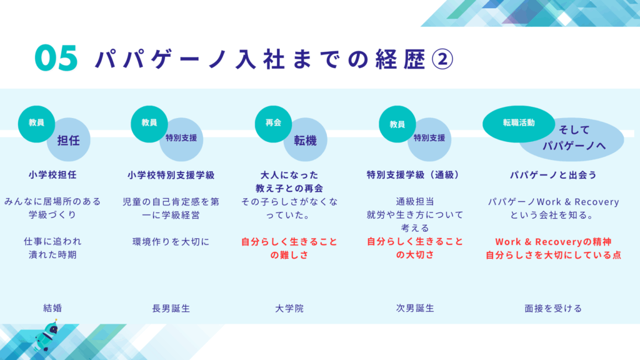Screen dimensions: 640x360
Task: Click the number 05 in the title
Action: (x=56, y=58)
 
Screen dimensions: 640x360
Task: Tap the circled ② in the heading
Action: (x=442, y=59)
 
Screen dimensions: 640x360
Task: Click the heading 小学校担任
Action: (x=52, y=175)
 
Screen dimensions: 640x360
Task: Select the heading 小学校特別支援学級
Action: (x=171, y=175)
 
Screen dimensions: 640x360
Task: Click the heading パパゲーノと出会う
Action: (x=553, y=175)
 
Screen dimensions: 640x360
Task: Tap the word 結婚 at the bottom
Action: (x=52, y=308)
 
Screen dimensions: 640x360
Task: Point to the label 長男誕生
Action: (x=171, y=309)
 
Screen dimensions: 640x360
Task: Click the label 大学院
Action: (x=289, y=309)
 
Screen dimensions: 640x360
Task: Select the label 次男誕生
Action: (x=415, y=308)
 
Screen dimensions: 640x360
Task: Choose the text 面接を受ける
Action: (x=553, y=309)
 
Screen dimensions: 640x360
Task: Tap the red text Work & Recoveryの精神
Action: (x=553, y=242)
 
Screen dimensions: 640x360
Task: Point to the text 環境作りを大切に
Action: (x=171, y=242)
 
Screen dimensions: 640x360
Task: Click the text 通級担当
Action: (x=415, y=202)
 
